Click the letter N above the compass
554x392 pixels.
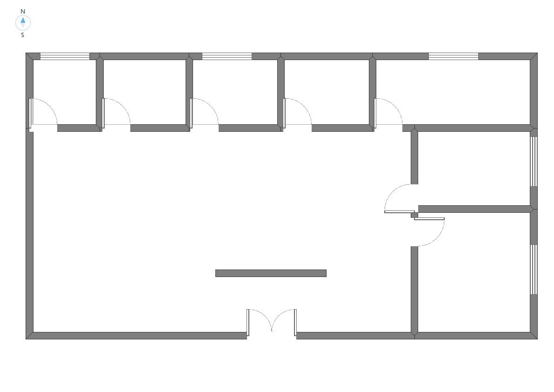click(23, 11)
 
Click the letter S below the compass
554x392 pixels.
click(23, 35)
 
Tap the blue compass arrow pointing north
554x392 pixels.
click(23, 20)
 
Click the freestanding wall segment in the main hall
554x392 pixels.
click(271, 273)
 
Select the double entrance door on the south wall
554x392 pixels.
click(271, 322)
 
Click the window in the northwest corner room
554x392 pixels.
click(65, 56)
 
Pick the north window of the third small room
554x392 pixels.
click(227, 56)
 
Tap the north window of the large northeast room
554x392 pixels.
click(454, 56)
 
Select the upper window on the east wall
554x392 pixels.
click(534, 162)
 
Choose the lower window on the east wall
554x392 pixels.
click(534, 270)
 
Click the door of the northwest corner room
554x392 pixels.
click(43, 112)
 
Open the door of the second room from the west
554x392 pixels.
click(116, 112)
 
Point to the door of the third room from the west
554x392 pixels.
click(204, 112)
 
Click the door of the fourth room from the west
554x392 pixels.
click(298, 112)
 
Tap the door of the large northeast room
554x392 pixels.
click(388, 112)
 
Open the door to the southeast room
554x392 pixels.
click(429, 232)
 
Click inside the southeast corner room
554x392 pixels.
click(474, 272)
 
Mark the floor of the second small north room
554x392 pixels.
click(145, 92)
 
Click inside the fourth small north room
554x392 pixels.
click(327, 92)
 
